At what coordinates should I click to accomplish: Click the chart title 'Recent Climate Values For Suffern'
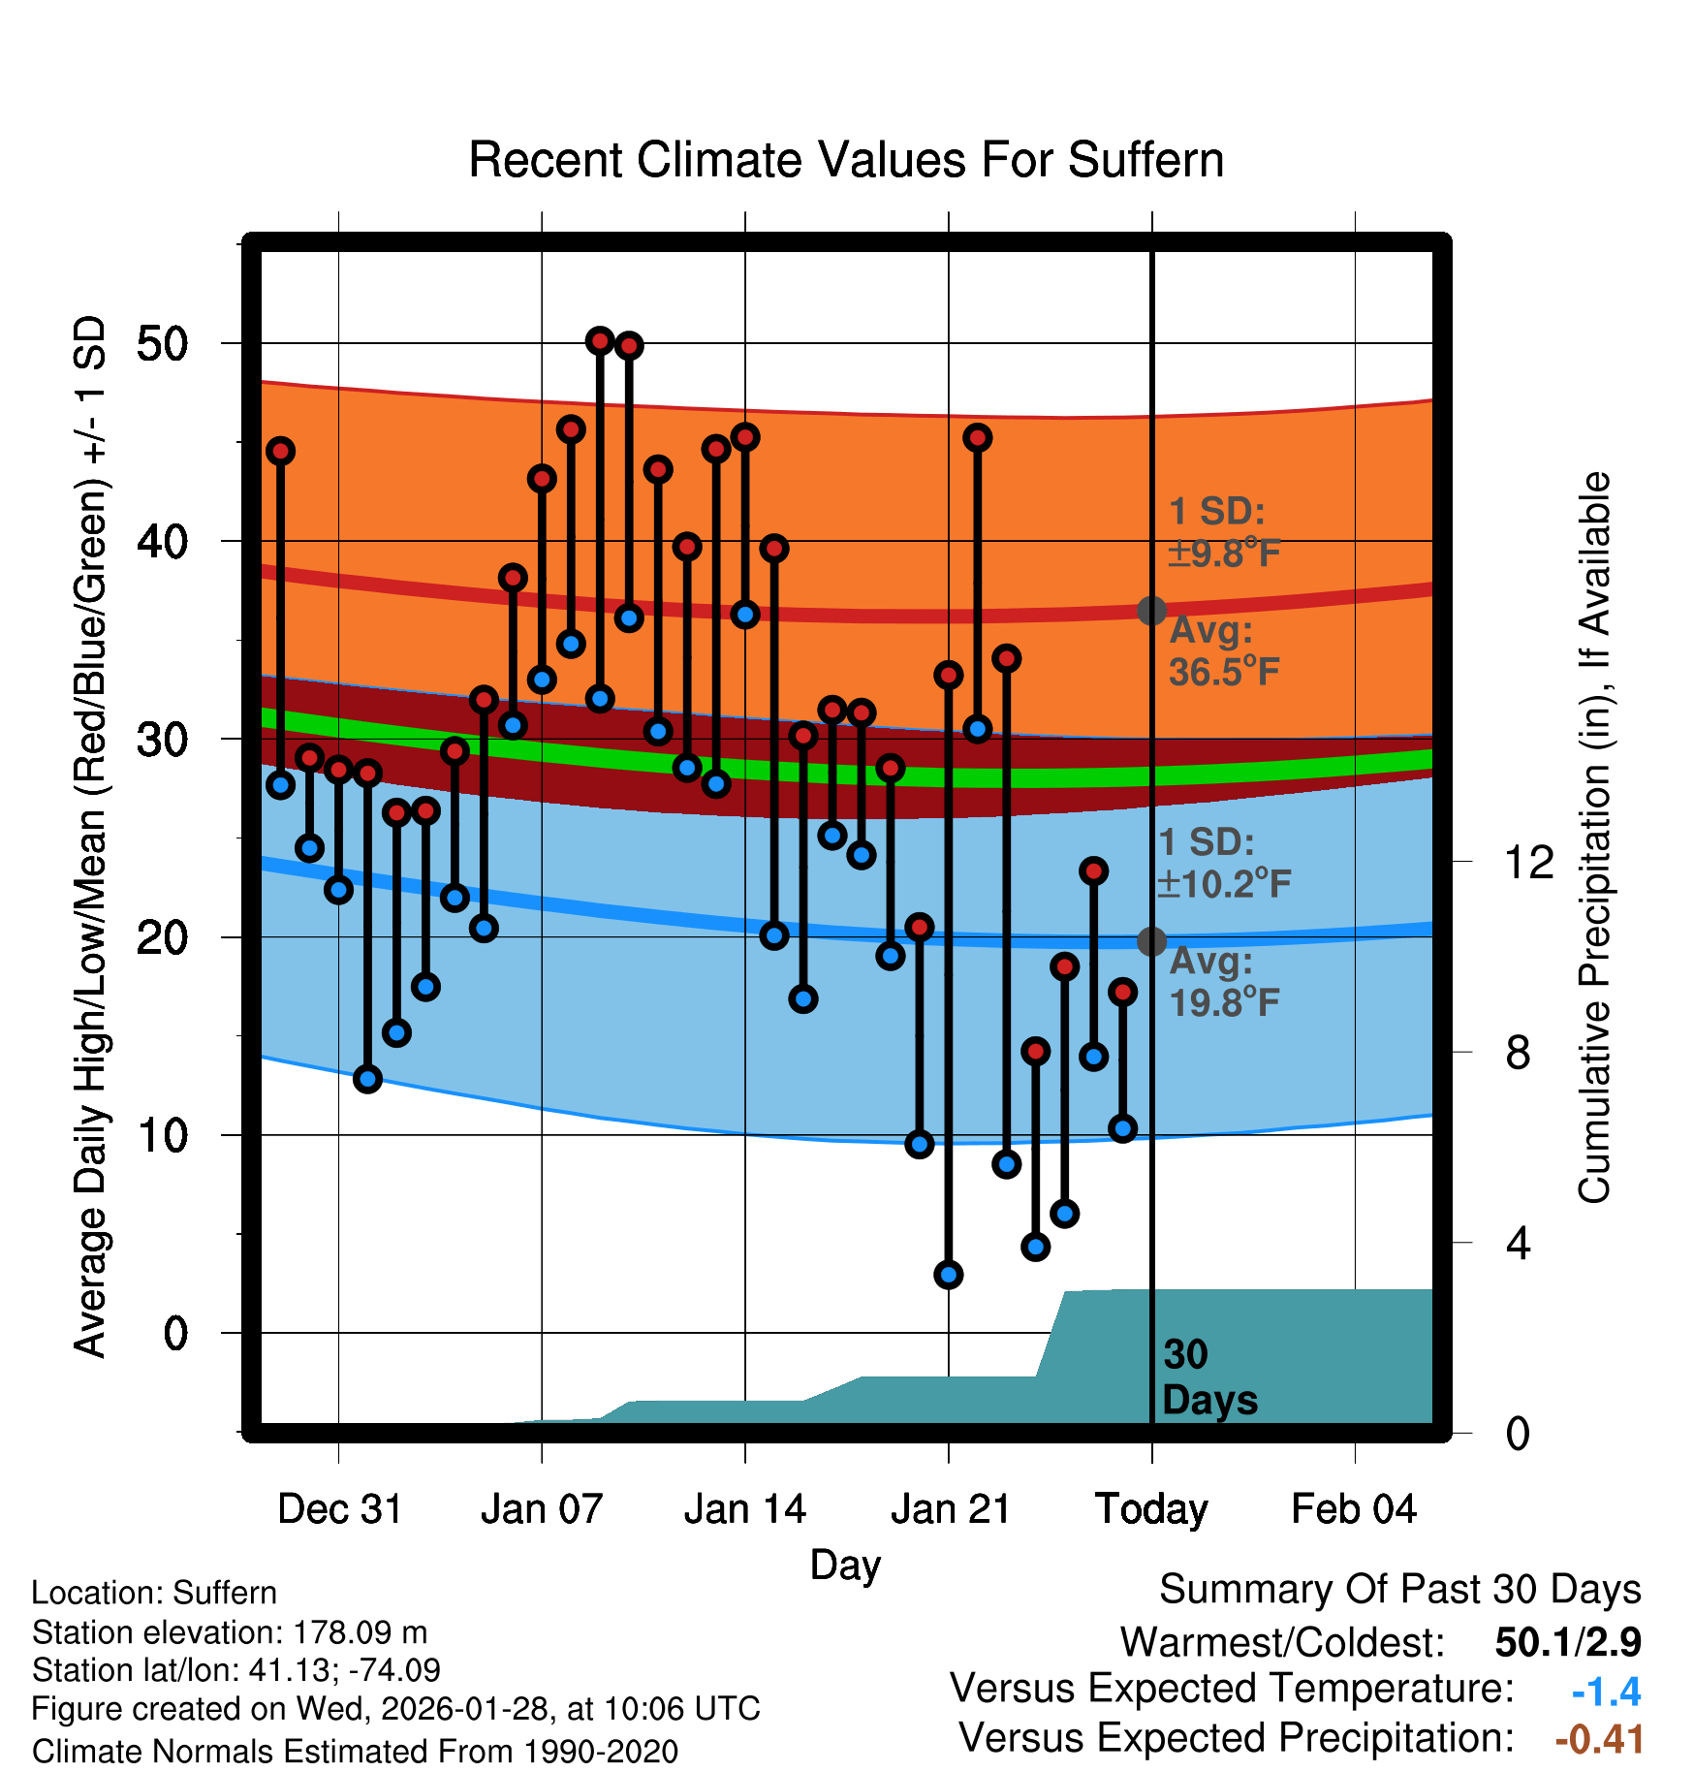coord(845,160)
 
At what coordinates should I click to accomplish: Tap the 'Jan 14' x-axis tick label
coord(744,1509)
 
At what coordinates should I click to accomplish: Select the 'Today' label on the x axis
coord(1151,1509)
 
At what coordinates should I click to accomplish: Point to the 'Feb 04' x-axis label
coord(1354,1509)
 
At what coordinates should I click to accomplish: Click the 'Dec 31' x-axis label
coord(339,1509)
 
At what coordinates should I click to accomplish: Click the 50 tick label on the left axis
coord(163,344)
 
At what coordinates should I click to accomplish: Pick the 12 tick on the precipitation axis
coord(1528,862)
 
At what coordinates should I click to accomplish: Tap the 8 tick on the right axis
coord(1518,1053)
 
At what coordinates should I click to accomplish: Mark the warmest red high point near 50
coord(600,340)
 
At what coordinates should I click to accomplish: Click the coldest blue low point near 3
coord(949,1275)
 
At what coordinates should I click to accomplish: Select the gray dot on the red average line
coord(1151,610)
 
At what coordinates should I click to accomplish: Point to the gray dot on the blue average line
coord(1151,940)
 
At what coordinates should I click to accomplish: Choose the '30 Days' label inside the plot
coord(1208,1377)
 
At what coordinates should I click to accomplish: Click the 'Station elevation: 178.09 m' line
coord(230,1632)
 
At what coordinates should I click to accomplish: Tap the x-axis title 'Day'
coord(845,1565)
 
